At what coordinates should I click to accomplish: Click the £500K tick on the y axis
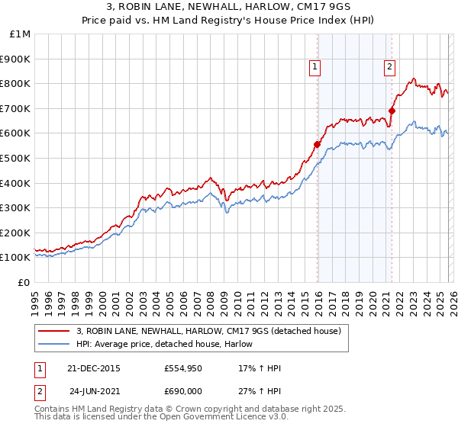[x=15, y=158]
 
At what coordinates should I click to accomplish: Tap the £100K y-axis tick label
[x=15, y=257]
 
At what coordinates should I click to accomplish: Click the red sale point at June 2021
[x=392, y=111]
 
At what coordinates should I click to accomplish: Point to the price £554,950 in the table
[x=182, y=368]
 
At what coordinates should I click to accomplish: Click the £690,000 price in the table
[x=182, y=390]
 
